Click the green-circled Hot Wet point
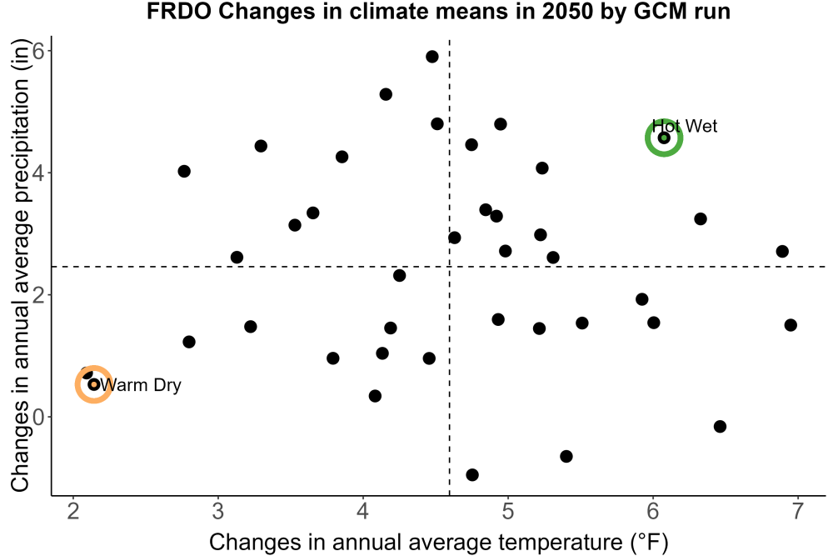click(664, 138)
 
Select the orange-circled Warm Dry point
click(94, 384)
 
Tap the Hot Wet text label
click(684, 126)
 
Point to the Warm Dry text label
click(141, 385)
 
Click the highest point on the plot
click(431, 57)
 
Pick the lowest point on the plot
click(471, 474)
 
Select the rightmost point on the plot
click(791, 325)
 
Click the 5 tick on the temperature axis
click(508, 512)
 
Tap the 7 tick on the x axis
click(797, 512)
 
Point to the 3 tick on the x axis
click(217, 512)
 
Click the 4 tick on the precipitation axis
click(38, 173)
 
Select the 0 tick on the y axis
click(38, 418)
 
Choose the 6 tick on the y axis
click(38, 51)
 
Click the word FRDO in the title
click(180, 11)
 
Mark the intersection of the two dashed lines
click(450, 266)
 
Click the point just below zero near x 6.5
click(720, 426)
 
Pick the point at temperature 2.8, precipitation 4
click(184, 171)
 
